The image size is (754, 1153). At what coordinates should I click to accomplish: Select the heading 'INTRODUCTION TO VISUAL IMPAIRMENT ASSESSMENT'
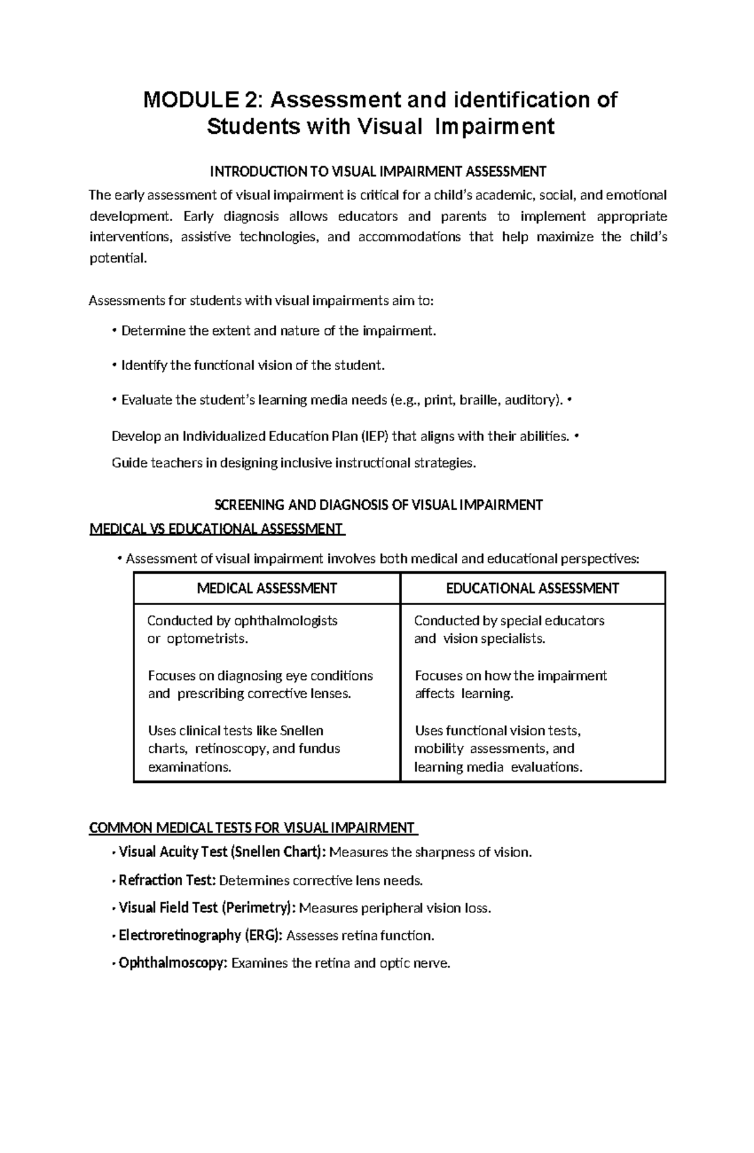pyautogui.click(x=378, y=172)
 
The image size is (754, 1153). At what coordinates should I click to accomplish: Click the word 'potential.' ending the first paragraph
pyautogui.click(x=118, y=258)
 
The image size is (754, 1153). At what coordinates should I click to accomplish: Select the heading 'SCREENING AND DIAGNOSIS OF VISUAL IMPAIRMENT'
pyautogui.click(x=378, y=505)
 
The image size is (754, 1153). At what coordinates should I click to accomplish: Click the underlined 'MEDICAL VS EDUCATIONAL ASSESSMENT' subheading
pyautogui.click(x=217, y=528)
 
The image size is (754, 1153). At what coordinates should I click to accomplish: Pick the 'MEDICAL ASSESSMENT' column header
pyautogui.click(x=266, y=588)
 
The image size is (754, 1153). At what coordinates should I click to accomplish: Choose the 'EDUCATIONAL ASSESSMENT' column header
pyautogui.click(x=532, y=588)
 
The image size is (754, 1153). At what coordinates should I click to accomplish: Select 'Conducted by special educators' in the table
pyautogui.click(x=509, y=621)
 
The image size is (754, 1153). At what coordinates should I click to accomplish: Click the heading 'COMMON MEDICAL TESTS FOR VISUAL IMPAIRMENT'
pyautogui.click(x=252, y=828)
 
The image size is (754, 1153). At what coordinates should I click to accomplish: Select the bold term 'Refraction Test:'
pyautogui.click(x=167, y=880)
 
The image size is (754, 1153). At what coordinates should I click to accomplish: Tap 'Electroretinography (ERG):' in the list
pyautogui.click(x=201, y=936)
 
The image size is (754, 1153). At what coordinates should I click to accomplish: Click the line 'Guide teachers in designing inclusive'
pyautogui.click(x=293, y=463)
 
